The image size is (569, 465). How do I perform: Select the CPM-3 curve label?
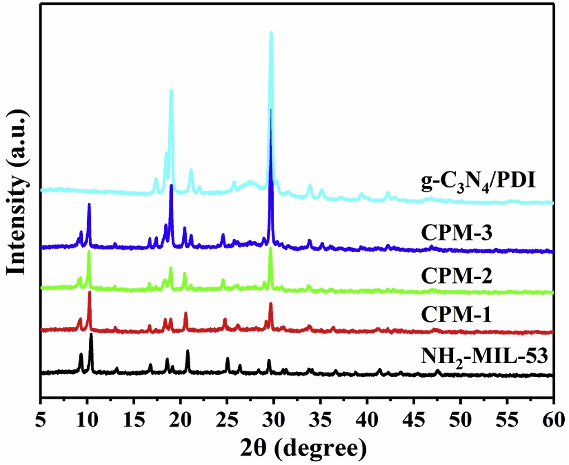click(456, 233)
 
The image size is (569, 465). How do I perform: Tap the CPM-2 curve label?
click(456, 275)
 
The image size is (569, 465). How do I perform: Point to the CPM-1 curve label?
click(456, 315)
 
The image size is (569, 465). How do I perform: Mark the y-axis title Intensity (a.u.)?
click(18, 193)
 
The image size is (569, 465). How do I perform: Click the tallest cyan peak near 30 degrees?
click(271, 33)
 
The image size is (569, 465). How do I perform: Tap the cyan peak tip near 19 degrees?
click(171, 92)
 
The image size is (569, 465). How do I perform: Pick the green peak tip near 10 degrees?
click(89, 252)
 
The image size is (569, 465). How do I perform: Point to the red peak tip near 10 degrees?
click(90, 293)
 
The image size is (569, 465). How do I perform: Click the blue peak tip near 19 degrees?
click(171, 186)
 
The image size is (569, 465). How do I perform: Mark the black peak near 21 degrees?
click(187, 352)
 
